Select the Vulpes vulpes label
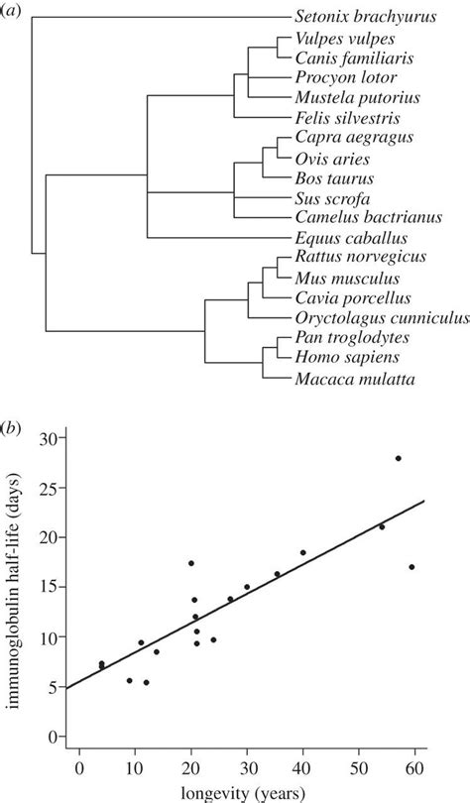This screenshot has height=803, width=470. coord(339,39)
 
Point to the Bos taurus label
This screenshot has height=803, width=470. coord(332,178)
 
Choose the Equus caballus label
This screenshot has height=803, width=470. coord(350,238)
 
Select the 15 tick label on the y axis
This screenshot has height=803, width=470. coord(52,587)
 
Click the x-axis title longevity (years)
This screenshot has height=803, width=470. coord(247,790)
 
